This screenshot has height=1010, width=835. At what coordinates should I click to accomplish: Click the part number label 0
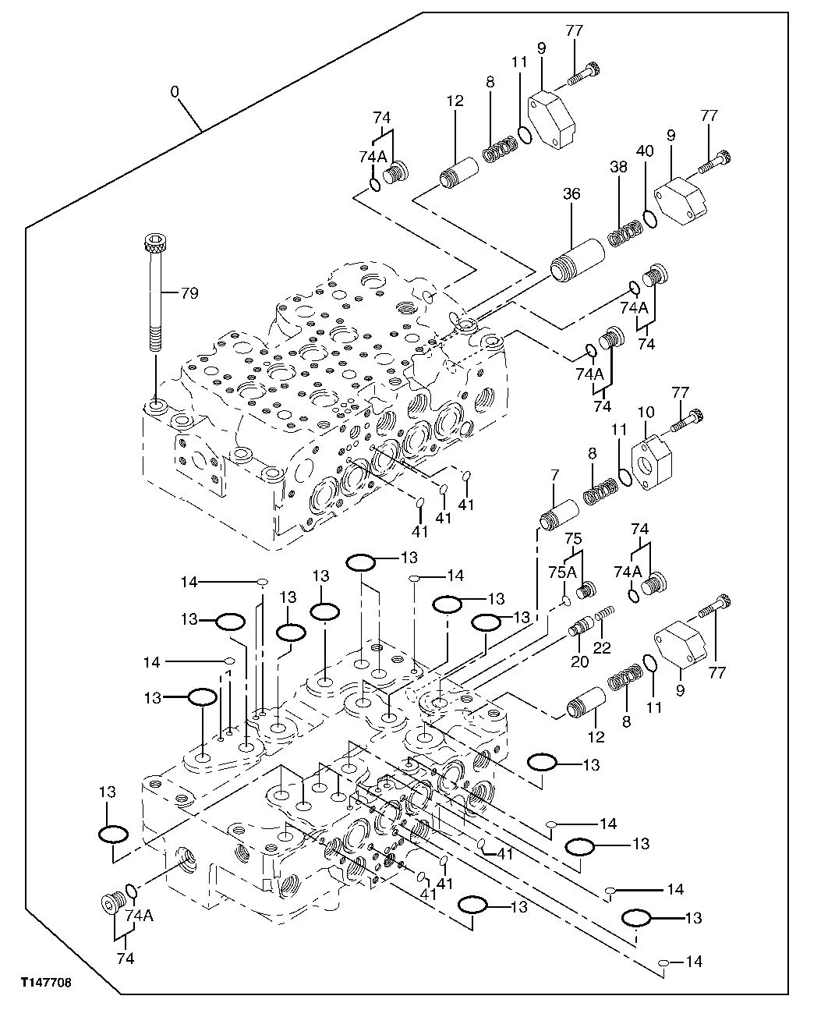[x=175, y=92]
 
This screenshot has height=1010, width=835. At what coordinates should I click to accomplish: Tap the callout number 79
[x=189, y=293]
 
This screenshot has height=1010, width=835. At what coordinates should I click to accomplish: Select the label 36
[x=571, y=193]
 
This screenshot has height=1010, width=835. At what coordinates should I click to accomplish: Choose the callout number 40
[x=645, y=150]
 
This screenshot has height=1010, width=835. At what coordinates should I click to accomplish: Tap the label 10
[x=645, y=409]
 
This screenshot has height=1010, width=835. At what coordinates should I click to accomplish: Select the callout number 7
[x=554, y=475]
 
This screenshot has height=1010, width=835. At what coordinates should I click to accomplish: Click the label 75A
[x=557, y=571]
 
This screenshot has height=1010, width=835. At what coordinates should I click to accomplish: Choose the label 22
[x=602, y=647]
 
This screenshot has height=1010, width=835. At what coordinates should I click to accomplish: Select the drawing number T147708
[x=45, y=983]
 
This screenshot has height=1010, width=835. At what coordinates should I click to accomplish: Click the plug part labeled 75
[x=586, y=592]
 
